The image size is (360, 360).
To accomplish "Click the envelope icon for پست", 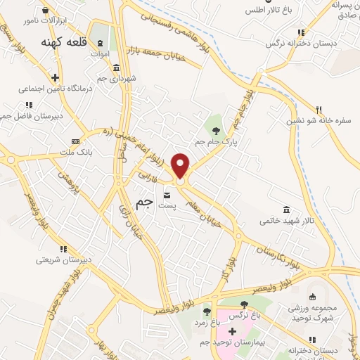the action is pyautogui.click(x=167, y=195).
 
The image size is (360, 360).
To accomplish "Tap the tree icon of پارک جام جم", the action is pyautogui.click(x=217, y=130).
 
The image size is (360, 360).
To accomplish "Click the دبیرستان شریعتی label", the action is pyautogui.click(x=64, y=259).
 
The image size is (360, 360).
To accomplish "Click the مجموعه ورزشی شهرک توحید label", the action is pyautogui.click(x=314, y=313).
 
